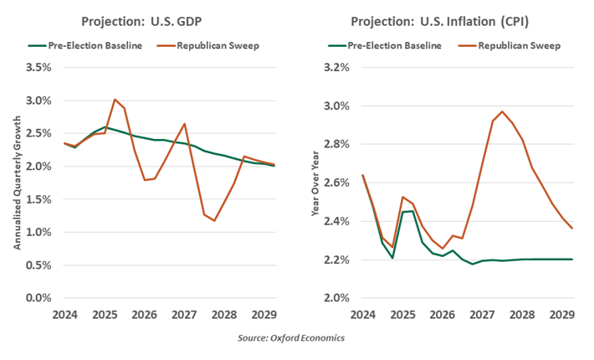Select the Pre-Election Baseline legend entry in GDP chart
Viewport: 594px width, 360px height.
[x=80, y=44]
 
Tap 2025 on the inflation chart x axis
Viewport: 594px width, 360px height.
[x=402, y=315]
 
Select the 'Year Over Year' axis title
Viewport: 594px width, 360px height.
[x=315, y=182]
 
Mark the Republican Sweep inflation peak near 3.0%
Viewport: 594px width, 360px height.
[x=502, y=111]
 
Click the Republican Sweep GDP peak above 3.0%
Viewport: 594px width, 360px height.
[x=115, y=99]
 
